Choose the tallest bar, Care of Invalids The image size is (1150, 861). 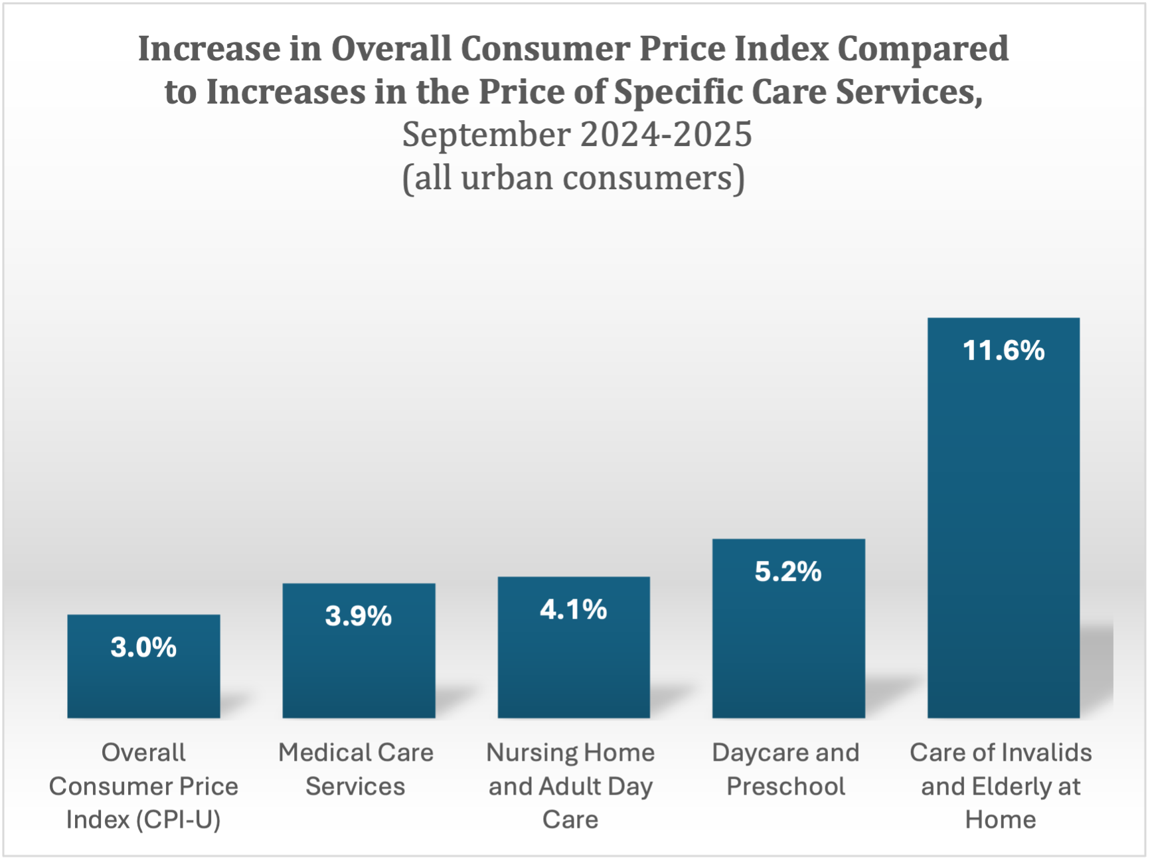pyautogui.click(x=1003, y=531)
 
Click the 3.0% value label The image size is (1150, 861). pyautogui.click(x=143, y=647)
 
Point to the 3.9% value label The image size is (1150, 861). pyautogui.click(x=359, y=616)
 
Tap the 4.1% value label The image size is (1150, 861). pyautogui.click(x=573, y=609)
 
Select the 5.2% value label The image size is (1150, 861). pyautogui.click(x=788, y=572)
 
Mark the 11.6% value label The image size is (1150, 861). pyautogui.click(x=1003, y=351)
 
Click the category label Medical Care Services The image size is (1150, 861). pyautogui.click(x=356, y=769)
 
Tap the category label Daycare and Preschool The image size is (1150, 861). pyautogui.click(x=785, y=769)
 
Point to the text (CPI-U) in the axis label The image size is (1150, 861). pyautogui.click(x=178, y=821)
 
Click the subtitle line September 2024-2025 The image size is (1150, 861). pyautogui.click(x=576, y=135)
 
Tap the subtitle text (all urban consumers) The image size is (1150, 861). pyautogui.click(x=574, y=178)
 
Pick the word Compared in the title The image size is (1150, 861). pyautogui.click(x=922, y=49)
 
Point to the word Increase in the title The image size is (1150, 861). pyautogui.click(x=209, y=49)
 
